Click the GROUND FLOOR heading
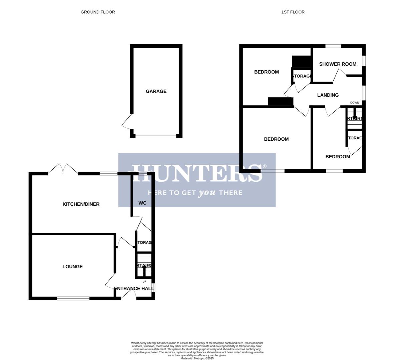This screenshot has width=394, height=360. [98, 12]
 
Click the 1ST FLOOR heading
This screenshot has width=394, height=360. [293, 12]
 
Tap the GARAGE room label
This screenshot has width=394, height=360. [156, 91]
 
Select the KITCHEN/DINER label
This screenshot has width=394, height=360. [81, 204]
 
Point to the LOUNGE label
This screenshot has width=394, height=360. [72, 267]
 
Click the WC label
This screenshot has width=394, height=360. [142, 203]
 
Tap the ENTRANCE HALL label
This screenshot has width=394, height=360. [133, 289]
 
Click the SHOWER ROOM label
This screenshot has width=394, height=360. [338, 64]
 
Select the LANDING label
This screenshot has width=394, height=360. [328, 95]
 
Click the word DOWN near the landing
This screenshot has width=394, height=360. [355, 103]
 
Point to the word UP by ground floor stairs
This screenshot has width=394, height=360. [144, 282]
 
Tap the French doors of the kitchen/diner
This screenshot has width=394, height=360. [63, 169]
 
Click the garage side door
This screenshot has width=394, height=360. [127, 122]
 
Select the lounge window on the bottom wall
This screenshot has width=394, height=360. [73, 298]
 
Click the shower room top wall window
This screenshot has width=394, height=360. [333, 46]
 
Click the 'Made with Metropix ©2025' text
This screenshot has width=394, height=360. [197, 358]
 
